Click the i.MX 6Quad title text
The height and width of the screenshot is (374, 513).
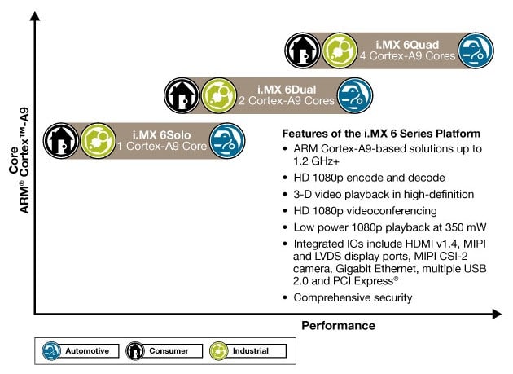(407, 45)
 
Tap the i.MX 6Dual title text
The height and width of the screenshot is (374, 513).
(287, 90)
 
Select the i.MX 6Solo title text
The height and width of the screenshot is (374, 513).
(161, 135)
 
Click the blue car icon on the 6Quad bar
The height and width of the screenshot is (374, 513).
(476, 51)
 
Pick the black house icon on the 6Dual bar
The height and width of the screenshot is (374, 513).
(182, 95)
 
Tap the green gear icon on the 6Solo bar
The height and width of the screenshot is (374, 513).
(98, 141)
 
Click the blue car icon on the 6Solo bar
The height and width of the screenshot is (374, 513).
(227, 141)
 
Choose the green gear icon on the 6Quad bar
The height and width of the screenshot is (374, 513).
(340, 51)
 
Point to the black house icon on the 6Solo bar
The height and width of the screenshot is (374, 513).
(61, 141)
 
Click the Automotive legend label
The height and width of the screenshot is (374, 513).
(87, 350)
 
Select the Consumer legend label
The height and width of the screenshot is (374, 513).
(169, 350)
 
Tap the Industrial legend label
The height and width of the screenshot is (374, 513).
(251, 350)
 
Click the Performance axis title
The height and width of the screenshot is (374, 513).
(338, 326)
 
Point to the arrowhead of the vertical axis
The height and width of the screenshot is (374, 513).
(35, 15)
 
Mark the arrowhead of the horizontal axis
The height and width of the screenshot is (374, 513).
(497, 314)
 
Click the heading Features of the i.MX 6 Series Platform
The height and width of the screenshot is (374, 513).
(381, 134)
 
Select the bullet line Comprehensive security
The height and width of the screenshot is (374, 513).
(353, 297)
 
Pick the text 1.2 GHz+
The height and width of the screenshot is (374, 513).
(316, 161)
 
